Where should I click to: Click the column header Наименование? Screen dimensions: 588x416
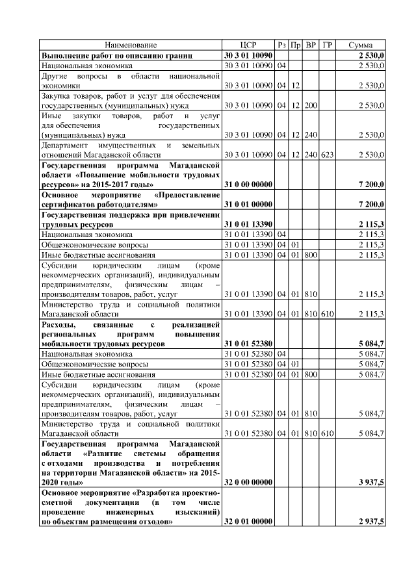131,45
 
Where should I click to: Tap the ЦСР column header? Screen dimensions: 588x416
248,45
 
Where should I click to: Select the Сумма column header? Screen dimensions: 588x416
360,45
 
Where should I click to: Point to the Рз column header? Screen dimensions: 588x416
281,45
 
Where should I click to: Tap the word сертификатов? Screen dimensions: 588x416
73,204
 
